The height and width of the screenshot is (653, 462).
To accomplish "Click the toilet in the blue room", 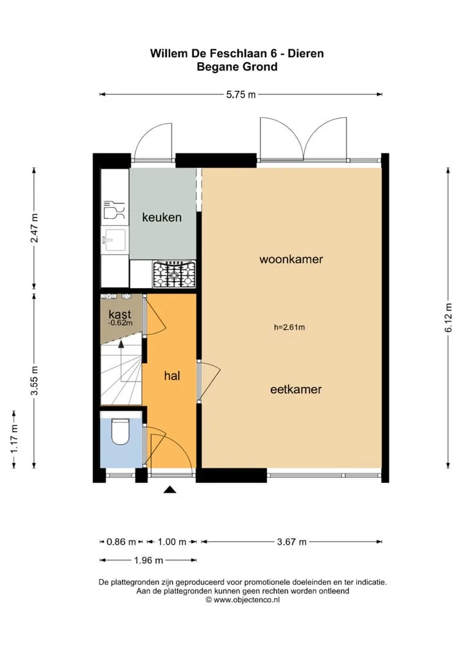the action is point(121,431).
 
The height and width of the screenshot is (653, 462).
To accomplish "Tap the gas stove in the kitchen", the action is point(174,275).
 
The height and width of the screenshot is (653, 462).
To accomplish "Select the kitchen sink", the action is point(115,241).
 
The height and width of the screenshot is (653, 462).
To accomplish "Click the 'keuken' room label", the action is point(162,217).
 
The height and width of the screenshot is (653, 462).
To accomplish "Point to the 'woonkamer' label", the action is point(291,259).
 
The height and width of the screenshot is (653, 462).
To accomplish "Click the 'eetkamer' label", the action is point(296,390).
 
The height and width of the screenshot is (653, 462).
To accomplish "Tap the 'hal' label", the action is point(172,376).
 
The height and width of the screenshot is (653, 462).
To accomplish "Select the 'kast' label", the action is point(119,314).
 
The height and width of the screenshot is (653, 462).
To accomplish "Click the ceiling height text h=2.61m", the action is point(289,327).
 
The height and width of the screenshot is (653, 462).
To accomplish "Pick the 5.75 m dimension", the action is point(241,94).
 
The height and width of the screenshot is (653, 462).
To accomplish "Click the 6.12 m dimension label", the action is point(449,318).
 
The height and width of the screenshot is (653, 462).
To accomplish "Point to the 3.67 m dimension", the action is point(291,542).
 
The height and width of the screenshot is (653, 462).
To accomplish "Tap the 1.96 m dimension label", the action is point(148,561).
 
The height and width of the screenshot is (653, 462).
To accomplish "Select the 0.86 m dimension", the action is point(121,542).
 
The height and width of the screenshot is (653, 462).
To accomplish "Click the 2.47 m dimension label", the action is point(35,228).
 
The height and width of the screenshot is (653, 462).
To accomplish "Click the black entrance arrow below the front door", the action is point(169,489).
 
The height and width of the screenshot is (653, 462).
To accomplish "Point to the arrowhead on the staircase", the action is point(121,344).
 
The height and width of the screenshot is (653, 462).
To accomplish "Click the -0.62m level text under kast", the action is point(120,323).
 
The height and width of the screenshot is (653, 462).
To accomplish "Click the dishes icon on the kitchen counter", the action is point(114,210).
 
